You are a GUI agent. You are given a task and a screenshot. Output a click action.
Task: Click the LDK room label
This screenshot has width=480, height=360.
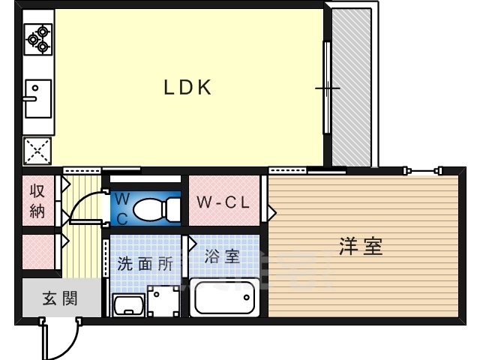(x=187, y=87)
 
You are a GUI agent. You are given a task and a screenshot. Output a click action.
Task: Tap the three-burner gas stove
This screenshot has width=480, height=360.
(x=38, y=40)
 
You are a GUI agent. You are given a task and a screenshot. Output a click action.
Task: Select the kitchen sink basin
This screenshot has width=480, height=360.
(x=38, y=98)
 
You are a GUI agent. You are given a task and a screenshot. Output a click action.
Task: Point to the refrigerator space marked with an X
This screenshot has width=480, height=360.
(x=37, y=151)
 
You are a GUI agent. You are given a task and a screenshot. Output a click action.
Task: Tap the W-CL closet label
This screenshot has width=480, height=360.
(x=223, y=202)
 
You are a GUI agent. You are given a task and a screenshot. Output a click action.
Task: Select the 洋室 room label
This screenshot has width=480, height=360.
(x=361, y=246)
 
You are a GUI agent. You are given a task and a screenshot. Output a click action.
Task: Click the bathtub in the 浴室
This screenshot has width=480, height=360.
(x=224, y=297)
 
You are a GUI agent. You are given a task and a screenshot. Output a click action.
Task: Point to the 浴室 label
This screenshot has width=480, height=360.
(x=222, y=256)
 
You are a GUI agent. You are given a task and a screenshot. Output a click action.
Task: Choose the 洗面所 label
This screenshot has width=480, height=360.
(x=145, y=263)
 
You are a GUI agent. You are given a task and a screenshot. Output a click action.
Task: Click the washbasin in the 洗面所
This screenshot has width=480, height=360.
(x=128, y=305)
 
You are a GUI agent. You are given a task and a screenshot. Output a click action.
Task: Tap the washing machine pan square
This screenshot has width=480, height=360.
(x=163, y=301)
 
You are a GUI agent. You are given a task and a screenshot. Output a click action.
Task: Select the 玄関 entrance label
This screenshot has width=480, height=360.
(x=60, y=298)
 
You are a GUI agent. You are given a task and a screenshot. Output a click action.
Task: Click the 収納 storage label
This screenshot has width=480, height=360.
(x=37, y=201)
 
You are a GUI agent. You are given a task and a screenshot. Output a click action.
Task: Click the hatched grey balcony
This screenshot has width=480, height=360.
(x=352, y=88)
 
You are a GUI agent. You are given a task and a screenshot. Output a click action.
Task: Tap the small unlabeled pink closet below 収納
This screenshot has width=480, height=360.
(x=38, y=252)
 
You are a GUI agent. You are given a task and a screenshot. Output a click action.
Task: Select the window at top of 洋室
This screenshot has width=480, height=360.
(x=423, y=171)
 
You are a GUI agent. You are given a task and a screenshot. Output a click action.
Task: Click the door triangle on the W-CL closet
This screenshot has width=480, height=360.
(x=271, y=212)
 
